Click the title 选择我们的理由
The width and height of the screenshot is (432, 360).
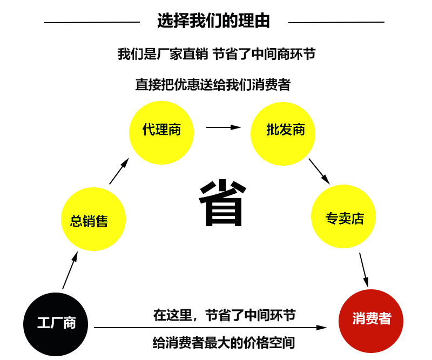point(213,21)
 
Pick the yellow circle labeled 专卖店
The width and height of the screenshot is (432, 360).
point(344,218)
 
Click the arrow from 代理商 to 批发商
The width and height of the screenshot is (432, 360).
point(223,127)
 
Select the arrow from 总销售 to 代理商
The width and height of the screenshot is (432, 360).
point(119,172)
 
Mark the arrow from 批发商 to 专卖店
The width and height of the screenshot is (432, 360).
point(319,171)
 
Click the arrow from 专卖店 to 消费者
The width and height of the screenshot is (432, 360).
point(364,270)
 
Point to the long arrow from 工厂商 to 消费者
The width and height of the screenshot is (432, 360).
point(211,328)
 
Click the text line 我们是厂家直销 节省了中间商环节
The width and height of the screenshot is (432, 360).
point(216,54)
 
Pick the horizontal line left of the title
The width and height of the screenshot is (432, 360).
point(92,22)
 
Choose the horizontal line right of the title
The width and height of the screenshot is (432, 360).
point(336,22)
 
